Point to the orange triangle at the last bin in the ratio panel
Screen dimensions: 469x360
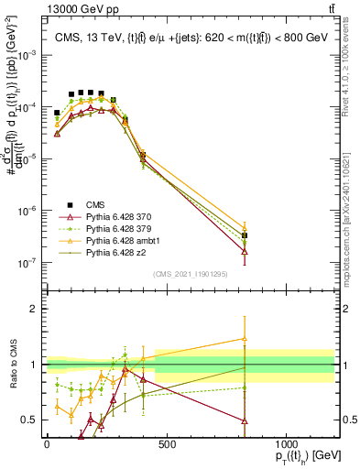(245, 338)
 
